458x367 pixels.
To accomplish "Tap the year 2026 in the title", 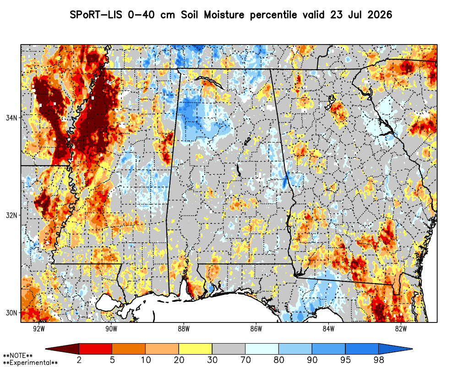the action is pos(380,15).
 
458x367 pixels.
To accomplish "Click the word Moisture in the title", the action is pos(224,15).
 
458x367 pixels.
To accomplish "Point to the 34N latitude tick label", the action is pos(11,117).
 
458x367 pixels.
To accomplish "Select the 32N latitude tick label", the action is pos(11,215).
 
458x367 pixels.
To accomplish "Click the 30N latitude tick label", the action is pos(11,313).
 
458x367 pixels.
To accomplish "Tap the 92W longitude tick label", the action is pos(39,328).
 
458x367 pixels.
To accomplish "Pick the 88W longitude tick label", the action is pos(184,328).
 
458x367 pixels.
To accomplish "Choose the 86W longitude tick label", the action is pos(256,328).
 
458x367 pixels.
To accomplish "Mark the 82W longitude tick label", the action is pos(401,328).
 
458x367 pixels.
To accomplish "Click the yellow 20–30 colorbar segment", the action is pos(196,349).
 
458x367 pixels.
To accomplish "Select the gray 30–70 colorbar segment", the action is pos(229,349).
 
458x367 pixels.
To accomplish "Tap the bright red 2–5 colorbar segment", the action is pos(96,349).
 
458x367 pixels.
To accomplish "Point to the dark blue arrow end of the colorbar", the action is pos(395,349).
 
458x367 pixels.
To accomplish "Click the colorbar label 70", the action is pos(245,360).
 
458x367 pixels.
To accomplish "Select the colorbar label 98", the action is pos(379,360).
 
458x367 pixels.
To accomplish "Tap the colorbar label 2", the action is pos(79,360).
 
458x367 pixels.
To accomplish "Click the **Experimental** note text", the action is pos(30,363).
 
